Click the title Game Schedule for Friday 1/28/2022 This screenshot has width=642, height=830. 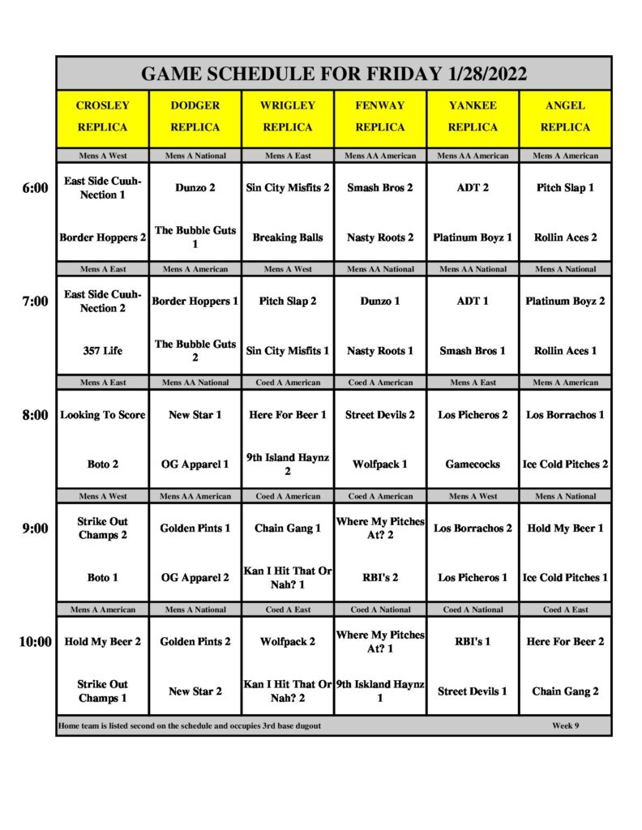point(333,74)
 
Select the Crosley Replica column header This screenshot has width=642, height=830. point(102,116)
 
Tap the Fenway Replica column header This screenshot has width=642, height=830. point(380,116)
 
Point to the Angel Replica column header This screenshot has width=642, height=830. point(565,116)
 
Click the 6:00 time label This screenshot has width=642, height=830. point(36,188)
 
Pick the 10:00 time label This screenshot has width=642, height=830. point(35,642)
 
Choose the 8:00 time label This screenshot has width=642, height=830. point(36,415)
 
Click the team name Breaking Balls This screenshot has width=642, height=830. point(288,237)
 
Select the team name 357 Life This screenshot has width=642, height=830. point(103,351)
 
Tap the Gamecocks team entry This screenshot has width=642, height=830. point(473,464)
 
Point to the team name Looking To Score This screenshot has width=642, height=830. point(103,415)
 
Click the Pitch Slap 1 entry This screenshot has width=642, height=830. point(565,188)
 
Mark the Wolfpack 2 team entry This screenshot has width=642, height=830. point(288,642)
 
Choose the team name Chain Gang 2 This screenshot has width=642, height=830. point(565,691)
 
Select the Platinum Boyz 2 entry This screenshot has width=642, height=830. point(565,302)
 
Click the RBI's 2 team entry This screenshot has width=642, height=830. point(380,578)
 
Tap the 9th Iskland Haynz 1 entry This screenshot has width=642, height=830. point(380,691)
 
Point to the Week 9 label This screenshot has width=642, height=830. point(565,725)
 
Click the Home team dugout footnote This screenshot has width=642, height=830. point(189,725)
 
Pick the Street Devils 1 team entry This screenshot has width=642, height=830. point(473,691)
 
